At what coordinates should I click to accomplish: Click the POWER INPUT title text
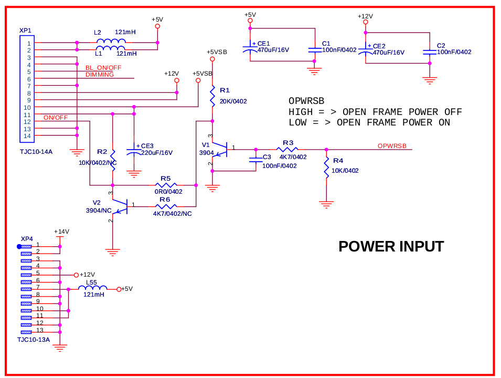tap(391, 246)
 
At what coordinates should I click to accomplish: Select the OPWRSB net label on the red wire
tap(392, 146)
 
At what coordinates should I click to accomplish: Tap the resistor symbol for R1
tap(212, 97)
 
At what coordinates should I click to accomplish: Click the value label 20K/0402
tap(233, 101)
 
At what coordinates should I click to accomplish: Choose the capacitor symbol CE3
tap(134, 150)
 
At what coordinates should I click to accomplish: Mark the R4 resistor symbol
tap(326, 168)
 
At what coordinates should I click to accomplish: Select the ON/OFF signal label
tap(56, 117)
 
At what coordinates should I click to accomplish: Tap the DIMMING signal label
tap(99, 75)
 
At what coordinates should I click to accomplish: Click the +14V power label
tap(61, 231)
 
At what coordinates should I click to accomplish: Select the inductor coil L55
tap(93, 288)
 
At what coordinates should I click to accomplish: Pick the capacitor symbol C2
tap(430, 51)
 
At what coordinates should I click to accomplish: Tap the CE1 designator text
tap(263, 44)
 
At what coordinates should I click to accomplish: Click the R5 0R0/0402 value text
tap(168, 192)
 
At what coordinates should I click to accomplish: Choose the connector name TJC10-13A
tap(33, 339)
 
